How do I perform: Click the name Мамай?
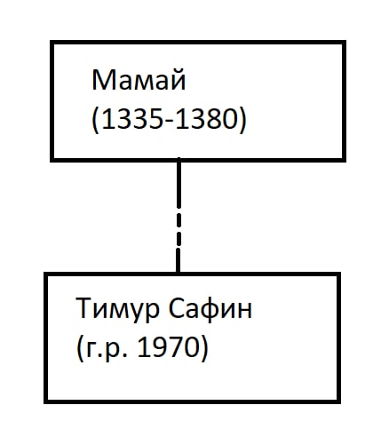coord(139,79)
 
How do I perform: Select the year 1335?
coord(135,119)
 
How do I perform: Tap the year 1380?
coord(207,119)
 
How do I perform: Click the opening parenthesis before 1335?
coord(95,120)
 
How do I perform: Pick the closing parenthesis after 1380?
coord(242,120)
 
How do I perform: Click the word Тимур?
coord(117,309)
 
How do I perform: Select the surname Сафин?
coord(210,308)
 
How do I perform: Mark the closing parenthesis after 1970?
coord(204,348)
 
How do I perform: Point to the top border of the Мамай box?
coord(198,43)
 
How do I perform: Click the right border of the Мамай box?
coord(344,101)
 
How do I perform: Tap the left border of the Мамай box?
coord(52,101)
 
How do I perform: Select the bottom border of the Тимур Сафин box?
coord(193,401)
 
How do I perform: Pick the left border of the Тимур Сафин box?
coord(46,338)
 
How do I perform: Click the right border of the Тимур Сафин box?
coord(338,338)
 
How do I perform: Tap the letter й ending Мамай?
coord(179,78)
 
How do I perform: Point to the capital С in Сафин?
coord(176,308)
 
